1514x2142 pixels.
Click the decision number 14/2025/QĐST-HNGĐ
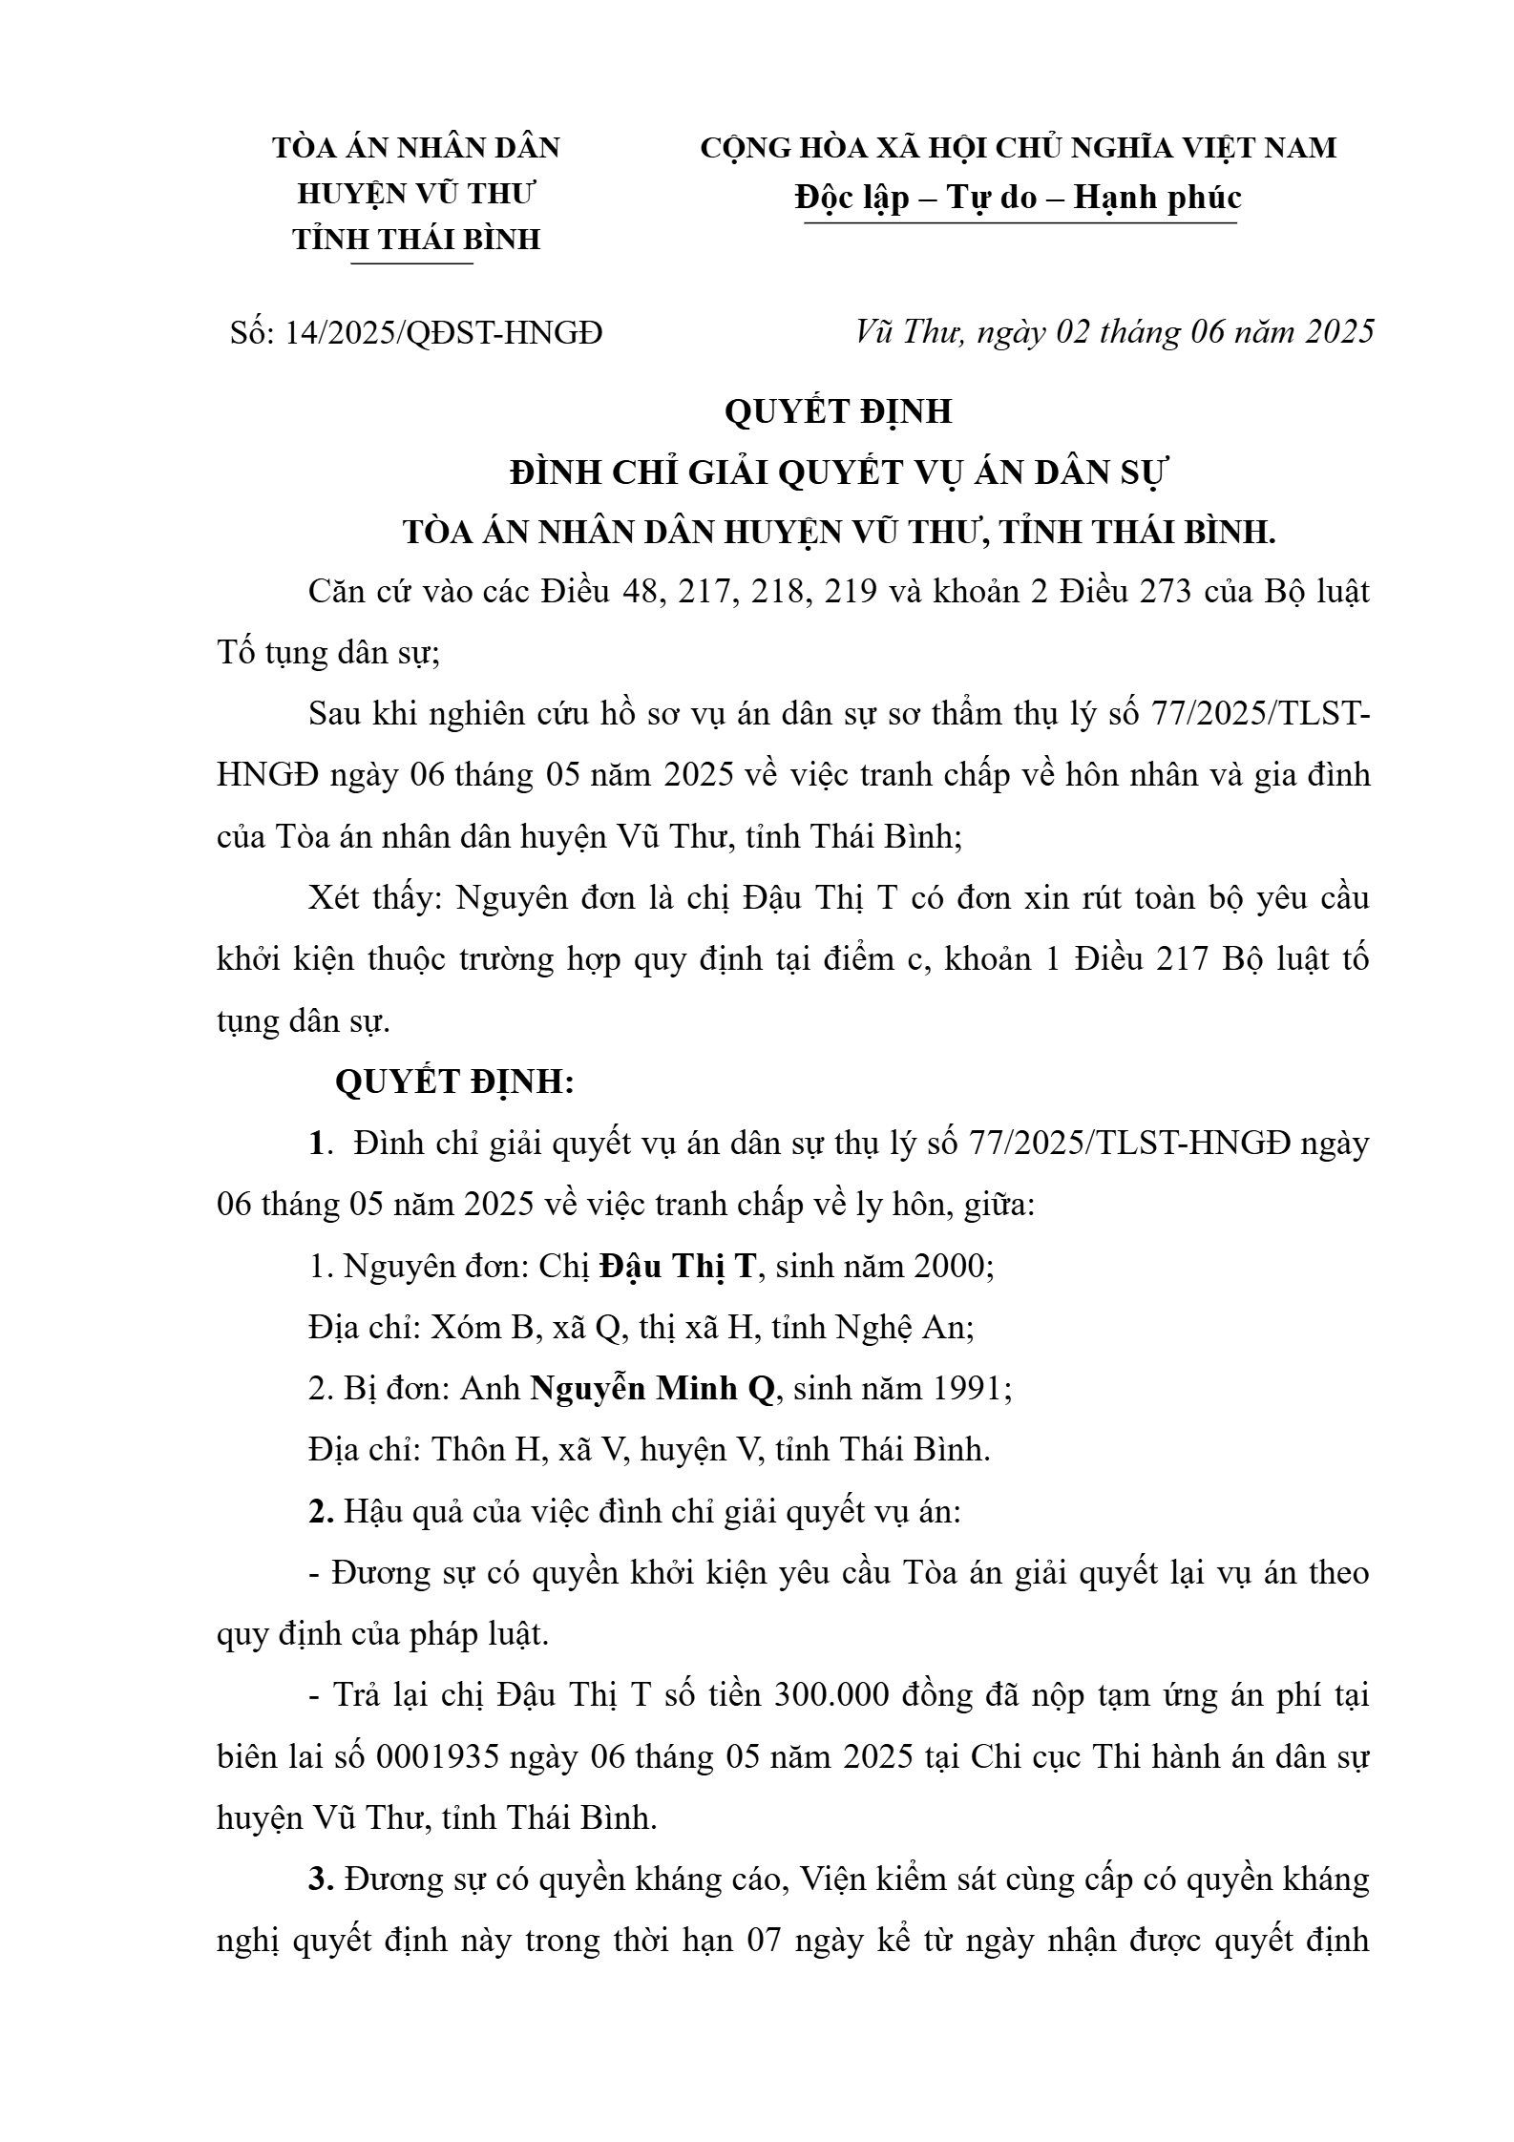(443, 333)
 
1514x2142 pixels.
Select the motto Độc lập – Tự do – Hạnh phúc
(1018, 197)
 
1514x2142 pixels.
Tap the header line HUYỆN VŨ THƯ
(416, 193)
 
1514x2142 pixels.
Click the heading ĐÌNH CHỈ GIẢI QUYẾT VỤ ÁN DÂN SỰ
(839, 472)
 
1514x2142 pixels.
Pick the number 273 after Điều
(1162, 592)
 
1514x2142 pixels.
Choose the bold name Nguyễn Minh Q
(653, 1388)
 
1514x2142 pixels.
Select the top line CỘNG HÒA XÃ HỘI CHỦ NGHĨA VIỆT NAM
(1018, 148)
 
